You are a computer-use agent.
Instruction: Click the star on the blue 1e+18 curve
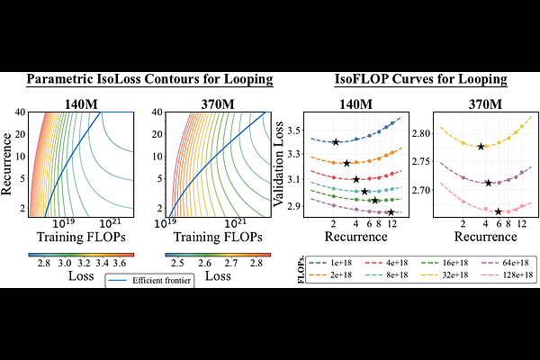pyautogui.click(x=335, y=142)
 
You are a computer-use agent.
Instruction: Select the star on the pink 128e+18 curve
pyautogui.click(x=499, y=211)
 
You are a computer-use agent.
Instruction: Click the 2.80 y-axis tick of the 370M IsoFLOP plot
pyautogui.click(x=420, y=133)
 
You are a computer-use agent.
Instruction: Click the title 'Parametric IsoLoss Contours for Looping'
pyautogui.click(x=149, y=80)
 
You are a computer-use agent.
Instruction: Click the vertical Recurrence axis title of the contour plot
pyautogui.click(x=11, y=163)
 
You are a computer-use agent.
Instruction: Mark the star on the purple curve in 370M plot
pyautogui.click(x=489, y=183)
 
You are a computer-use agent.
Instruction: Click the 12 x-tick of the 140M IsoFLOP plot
pyautogui.click(x=391, y=225)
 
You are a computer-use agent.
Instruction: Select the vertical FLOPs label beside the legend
pyautogui.click(x=301, y=269)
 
